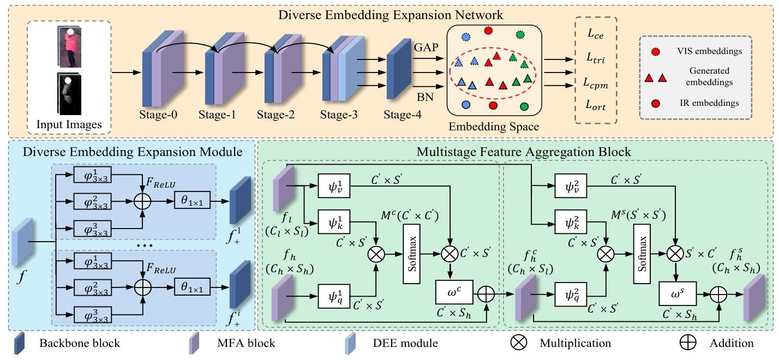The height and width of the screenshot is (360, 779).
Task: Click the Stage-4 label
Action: [403, 115]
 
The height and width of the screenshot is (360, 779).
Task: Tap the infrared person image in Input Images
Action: [69, 94]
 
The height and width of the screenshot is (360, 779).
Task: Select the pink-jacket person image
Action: [69, 47]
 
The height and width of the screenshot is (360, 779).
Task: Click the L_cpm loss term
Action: [595, 83]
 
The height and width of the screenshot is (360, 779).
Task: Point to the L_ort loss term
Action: [595, 105]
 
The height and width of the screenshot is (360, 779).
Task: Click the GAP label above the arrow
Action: [426, 47]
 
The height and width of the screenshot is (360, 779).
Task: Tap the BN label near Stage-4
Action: [425, 97]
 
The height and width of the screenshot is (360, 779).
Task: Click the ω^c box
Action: [454, 292]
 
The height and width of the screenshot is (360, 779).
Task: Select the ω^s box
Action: [678, 293]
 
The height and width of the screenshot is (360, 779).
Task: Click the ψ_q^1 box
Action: [334, 296]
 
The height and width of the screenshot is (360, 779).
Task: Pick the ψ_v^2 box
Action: [571, 186]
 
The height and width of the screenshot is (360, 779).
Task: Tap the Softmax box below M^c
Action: [411, 254]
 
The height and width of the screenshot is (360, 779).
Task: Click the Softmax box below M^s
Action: [642, 254]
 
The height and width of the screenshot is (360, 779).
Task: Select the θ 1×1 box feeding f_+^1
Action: [192, 200]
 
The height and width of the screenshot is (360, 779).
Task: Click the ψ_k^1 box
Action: [334, 221]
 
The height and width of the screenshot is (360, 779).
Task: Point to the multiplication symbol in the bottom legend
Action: [519, 343]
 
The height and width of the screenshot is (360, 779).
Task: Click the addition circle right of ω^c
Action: [486, 295]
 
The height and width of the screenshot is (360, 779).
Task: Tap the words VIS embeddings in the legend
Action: [709, 51]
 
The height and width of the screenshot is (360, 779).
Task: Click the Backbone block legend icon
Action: [19, 343]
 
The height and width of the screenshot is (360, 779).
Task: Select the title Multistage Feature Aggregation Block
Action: [524, 152]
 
